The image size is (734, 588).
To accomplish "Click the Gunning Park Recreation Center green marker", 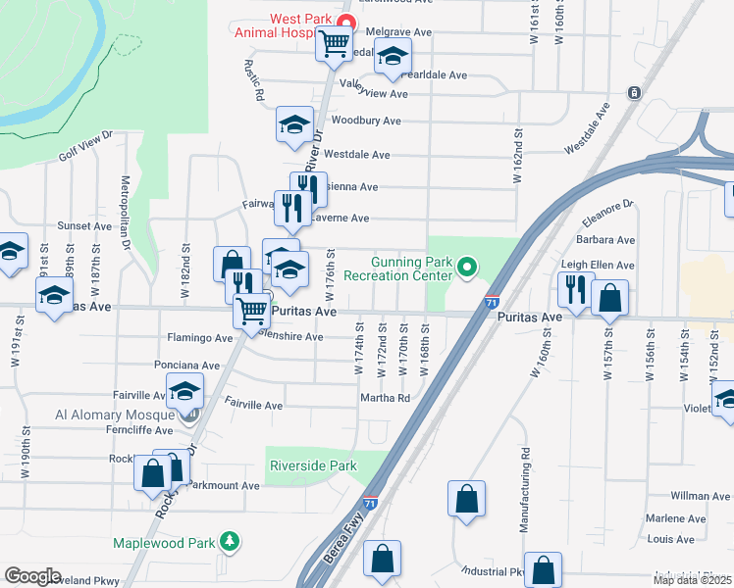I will click(x=468, y=266).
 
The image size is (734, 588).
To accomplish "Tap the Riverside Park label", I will click(x=313, y=466).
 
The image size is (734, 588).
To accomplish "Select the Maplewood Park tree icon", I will click(x=230, y=540).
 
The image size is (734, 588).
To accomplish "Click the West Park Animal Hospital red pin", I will click(x=344, y=22).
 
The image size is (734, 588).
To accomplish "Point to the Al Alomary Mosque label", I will click(x=121, y=415).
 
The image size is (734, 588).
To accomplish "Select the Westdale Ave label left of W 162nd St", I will click(x=357, y=155).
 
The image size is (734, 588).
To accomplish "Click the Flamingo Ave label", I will click(x=201, y=338).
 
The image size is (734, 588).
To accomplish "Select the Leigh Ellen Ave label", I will click(x=598, y=265).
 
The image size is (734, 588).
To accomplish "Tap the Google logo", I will click(x=32, y=576).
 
